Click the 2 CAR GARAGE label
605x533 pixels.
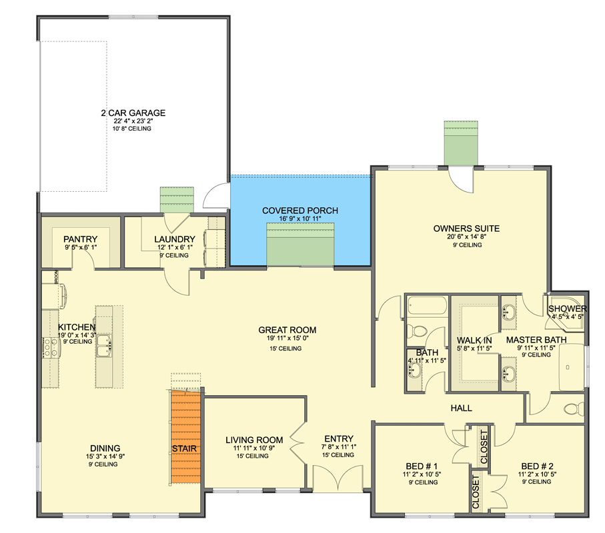click(x=133, y=113)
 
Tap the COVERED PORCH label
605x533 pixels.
click(x=299, y=211)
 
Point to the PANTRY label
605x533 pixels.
click(x=81, y=239)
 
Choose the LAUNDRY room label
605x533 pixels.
click(x=174, y=239)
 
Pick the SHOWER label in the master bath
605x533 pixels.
click(x=567, y=309)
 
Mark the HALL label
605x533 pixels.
click(x=462, y=408)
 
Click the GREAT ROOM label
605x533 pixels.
click(x=287, y=330)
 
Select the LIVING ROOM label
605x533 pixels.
click(x=253, y=440)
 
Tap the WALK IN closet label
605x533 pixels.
click(x=474, y=340)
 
